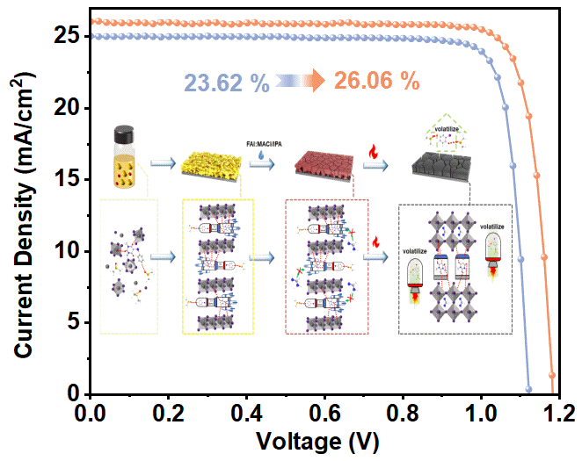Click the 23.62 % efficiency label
pos(226,83)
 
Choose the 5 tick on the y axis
pos(76,323)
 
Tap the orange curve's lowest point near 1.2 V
pos(553,375)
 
